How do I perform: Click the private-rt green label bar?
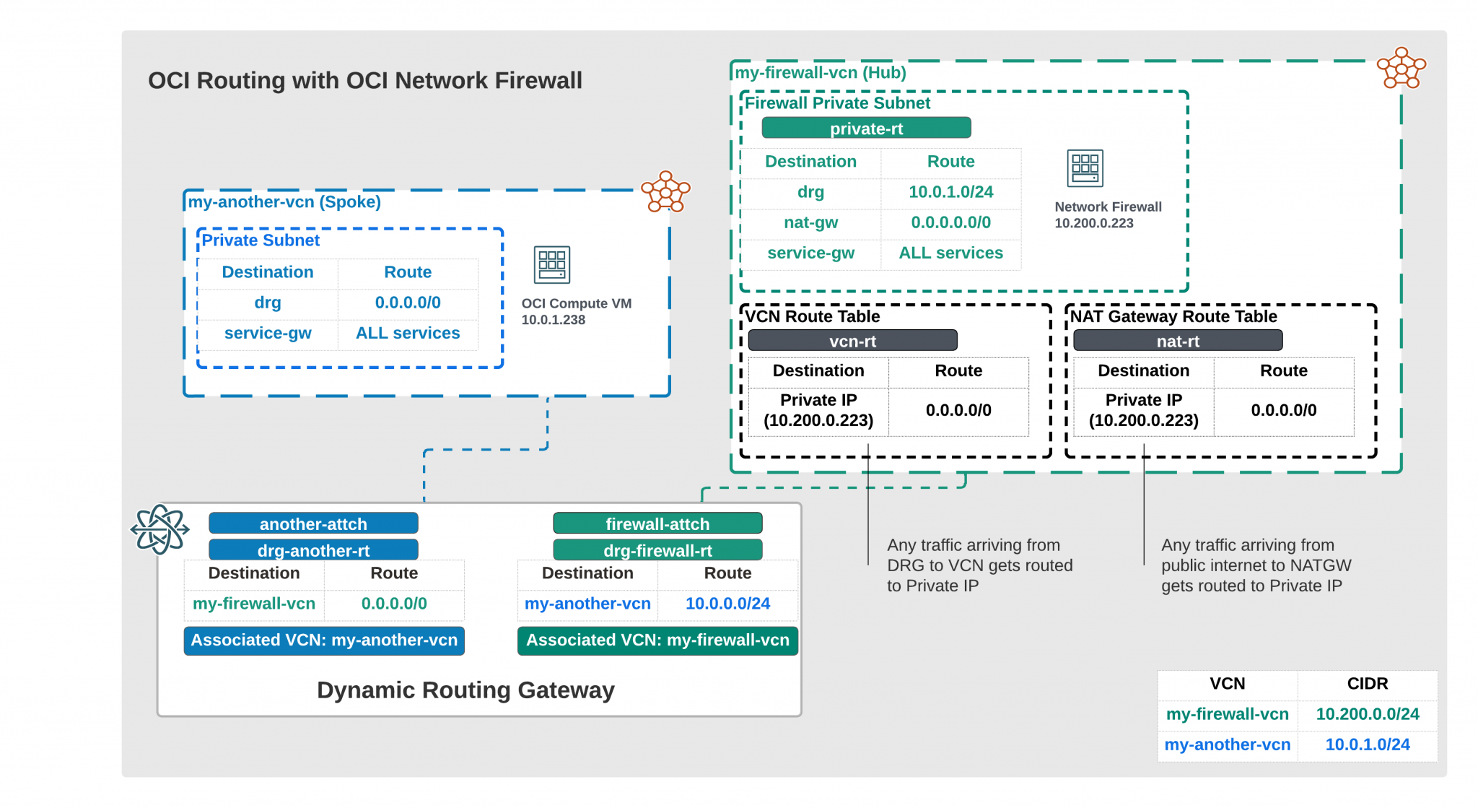point(866,129)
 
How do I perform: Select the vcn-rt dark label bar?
point(852,341)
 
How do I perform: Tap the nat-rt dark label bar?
point(1178,341)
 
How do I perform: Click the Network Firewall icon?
point(1085,168)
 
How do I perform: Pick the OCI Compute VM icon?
point(552,265)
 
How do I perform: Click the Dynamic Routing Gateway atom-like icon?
point(159,529)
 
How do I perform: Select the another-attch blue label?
point(313,524)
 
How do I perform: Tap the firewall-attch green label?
point(657,524)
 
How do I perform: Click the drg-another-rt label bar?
point(313,550)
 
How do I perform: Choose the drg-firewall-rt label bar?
point(657,550)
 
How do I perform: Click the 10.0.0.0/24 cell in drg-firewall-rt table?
point(727,604)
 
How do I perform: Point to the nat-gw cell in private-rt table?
point(810,222)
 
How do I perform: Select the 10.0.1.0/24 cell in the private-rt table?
point(950,192)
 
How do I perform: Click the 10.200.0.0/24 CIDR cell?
point(1367,714)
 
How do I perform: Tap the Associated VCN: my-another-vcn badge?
point(324,640)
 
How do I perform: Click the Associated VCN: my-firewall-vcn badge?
point(657,640)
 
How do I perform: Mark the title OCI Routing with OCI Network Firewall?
point(365,80)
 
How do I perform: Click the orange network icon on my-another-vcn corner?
point(665,192)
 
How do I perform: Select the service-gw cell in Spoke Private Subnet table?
point(268,333)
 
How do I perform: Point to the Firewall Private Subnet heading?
point(837,103)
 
